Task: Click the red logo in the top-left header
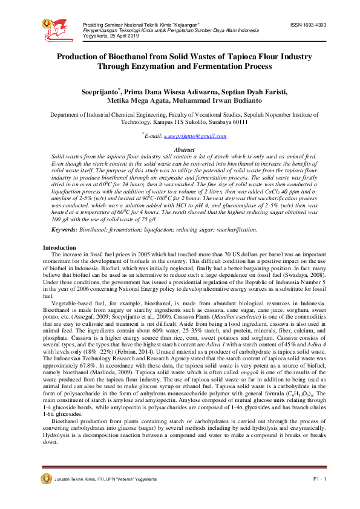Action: pos(58,27)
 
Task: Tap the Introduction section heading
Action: pos(59,248)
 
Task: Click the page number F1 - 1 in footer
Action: pos(319,479)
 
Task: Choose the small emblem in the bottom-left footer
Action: pos(46,479)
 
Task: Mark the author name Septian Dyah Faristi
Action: pos(249,92)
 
